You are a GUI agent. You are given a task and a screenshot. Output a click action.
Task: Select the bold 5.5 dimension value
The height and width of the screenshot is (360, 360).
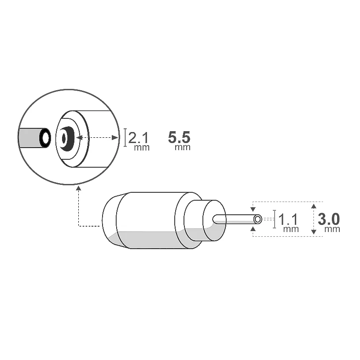click(x=179, y=136)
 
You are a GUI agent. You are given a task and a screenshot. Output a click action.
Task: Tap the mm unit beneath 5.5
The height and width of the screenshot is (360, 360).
click(x=183, y=147)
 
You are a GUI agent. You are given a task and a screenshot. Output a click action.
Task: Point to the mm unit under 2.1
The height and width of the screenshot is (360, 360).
click(x=142, y=147)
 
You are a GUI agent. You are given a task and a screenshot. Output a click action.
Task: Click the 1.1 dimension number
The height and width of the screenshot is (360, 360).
click(x=289, y=219)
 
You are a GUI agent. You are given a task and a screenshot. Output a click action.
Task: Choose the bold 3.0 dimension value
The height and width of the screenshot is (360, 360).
click(x=329, y=219)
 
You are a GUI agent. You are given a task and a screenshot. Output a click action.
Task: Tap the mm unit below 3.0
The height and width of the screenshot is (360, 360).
click(x=332, y=229)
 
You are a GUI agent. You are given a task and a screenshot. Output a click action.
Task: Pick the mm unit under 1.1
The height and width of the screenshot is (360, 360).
click(x=291, y=229)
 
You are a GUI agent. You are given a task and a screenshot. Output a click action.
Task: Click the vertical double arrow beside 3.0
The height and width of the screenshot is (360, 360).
click(x=313, y=219)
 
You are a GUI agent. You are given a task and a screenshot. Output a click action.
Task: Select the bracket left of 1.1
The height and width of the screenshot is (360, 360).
click(x=275, y=219)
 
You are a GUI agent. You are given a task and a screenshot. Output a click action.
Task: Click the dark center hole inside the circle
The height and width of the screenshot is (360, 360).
click(x=64, y=138)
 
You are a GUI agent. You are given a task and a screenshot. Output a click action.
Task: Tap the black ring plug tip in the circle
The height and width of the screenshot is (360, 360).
click(x=45, y=138)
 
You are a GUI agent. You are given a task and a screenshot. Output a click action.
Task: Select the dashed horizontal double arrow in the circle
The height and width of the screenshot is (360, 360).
click(x=97, y=138)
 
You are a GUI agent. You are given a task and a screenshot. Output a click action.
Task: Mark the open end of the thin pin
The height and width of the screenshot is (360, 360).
click(x=258, y=218)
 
